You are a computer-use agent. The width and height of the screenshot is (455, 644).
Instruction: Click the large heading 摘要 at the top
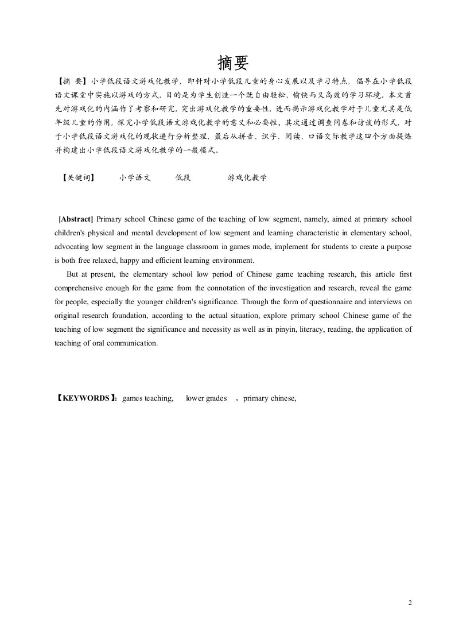(234, 63)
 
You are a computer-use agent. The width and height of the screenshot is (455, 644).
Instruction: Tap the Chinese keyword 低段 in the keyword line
(182, 178)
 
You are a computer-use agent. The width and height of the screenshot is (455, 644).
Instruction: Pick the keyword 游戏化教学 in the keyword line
(247, 178)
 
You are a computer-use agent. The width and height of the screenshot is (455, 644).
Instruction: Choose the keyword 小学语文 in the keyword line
(135, 178)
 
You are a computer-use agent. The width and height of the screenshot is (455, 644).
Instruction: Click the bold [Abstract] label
(76, 219)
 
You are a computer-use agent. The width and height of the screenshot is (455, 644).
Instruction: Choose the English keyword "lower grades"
(206, 398)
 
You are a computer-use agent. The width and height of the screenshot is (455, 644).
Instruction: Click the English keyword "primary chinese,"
(269, 398)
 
